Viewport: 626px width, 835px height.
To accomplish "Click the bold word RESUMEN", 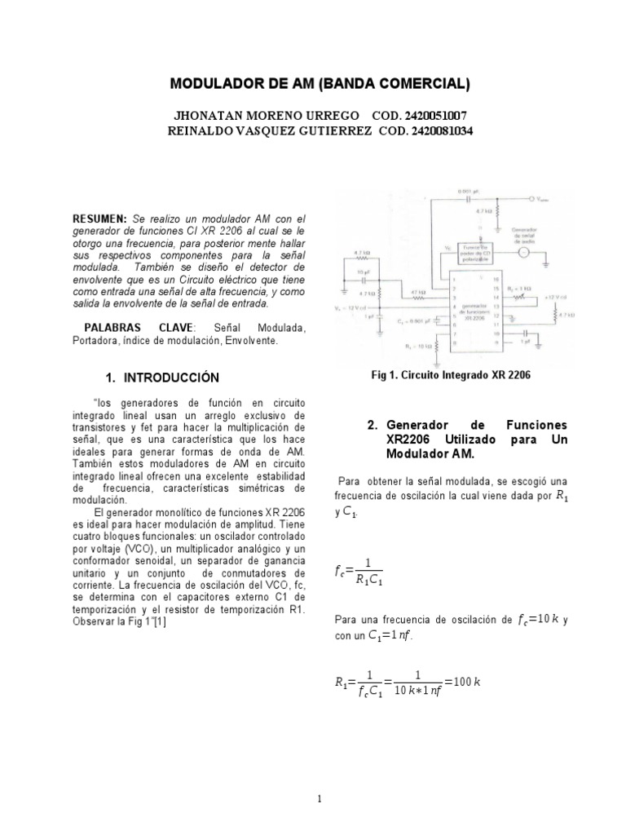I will click(100, 219).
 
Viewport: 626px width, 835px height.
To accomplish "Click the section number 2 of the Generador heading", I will click(372, 426).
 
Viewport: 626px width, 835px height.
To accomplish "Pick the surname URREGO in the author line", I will click(320, 116).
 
